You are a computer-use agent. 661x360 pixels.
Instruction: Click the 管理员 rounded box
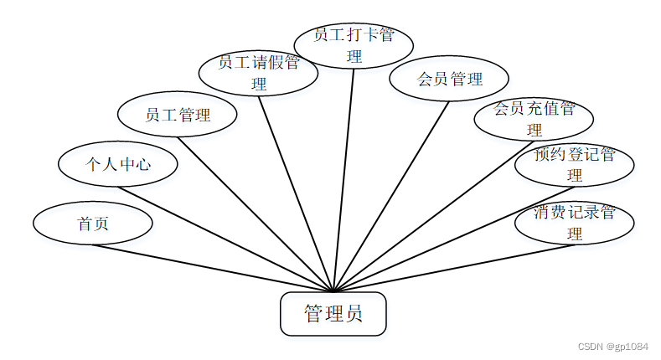tap(333, 314)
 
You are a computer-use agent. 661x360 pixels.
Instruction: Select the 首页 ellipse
tap(92, 224)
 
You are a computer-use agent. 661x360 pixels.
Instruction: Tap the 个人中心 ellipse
tap(117, 163)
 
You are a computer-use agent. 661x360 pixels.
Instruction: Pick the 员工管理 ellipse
tap(178, 115)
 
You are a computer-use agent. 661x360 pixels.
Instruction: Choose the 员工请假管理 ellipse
tap(258, 73)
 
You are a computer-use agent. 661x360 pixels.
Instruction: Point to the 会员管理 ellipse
tap(450, 80)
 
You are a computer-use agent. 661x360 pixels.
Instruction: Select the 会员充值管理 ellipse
tap(534, 118)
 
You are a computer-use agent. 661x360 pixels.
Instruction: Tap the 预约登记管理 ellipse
tap(574, 164)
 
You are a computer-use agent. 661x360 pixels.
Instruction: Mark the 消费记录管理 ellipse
tap(574, 222)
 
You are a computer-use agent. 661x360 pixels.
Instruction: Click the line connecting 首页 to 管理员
tap(213, 267)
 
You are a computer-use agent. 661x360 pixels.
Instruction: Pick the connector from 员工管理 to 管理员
tap(256, 213)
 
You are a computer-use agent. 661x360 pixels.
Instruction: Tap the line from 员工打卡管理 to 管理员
tap(343, 179)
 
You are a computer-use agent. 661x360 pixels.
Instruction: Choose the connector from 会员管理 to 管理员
tap(391, 196)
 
